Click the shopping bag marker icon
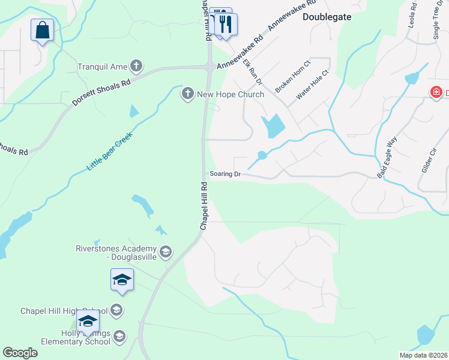(x=42, y=30)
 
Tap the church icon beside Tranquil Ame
(x=137, y=65)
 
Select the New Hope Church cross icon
(x=187, y=94)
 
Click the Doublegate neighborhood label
(x=327, y=17)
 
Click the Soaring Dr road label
(x=225, y=174)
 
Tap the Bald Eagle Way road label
(x=387, y=158)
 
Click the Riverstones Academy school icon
(x=166, y=251)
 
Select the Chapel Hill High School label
(x=64, y=310)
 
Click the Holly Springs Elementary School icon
(x=119, y=335)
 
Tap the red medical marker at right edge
(x=436, y=92)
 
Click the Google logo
(x=20, y=352)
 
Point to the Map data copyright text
(x=424, y=355)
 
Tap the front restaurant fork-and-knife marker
(x=226, y=25)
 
